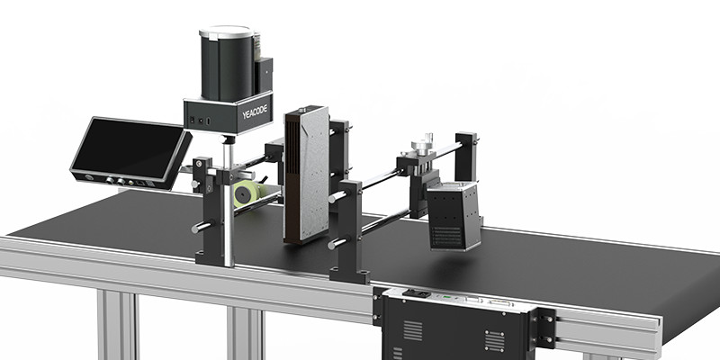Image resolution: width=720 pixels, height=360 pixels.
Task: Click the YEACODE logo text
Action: [255, 112]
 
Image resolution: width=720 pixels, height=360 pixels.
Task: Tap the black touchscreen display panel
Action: [129, 148]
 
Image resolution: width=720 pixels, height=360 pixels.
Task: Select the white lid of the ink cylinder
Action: [227, 32]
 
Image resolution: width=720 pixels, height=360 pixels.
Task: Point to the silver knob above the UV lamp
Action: [422, 145]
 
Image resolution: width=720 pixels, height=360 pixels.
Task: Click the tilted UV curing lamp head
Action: [454, 215]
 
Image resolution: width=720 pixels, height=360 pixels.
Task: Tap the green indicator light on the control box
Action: [445, 297]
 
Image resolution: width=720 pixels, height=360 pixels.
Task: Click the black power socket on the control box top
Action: [416, 293]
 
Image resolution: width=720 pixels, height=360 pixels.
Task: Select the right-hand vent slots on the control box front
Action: [494, 340]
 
